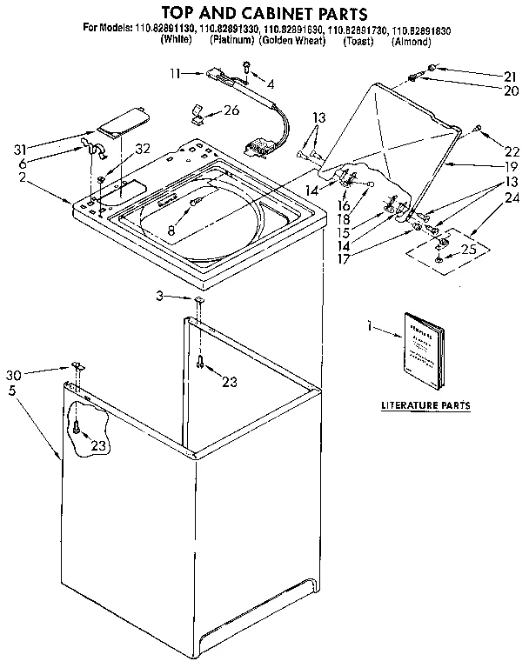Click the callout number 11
175,74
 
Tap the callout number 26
231,110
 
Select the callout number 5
12,391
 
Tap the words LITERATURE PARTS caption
426,405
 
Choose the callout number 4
271,84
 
